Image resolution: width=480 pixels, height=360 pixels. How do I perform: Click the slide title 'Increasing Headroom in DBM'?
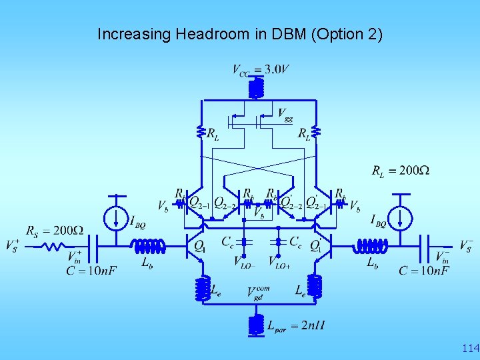pos(240,34)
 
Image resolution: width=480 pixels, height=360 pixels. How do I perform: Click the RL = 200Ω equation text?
pos(400,171)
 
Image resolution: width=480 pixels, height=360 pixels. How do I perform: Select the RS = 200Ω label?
pos(55,231)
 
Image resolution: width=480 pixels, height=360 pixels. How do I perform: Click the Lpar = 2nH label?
pos(296,326)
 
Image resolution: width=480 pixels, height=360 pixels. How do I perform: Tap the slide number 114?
pos(470,348)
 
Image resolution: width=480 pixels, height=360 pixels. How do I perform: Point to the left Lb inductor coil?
pos(150,247)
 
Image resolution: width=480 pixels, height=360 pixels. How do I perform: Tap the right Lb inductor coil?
pos(371,247)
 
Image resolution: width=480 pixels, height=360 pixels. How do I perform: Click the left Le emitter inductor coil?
pos(202,288)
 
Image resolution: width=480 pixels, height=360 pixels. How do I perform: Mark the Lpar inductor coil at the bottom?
pos(255,325)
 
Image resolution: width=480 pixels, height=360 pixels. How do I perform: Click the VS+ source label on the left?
pos(12,245)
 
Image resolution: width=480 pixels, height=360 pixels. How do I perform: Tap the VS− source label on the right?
pos(467,245)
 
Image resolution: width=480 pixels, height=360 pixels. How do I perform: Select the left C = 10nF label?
pos(91,271)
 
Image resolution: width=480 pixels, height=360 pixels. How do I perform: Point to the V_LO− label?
pos(245,262)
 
